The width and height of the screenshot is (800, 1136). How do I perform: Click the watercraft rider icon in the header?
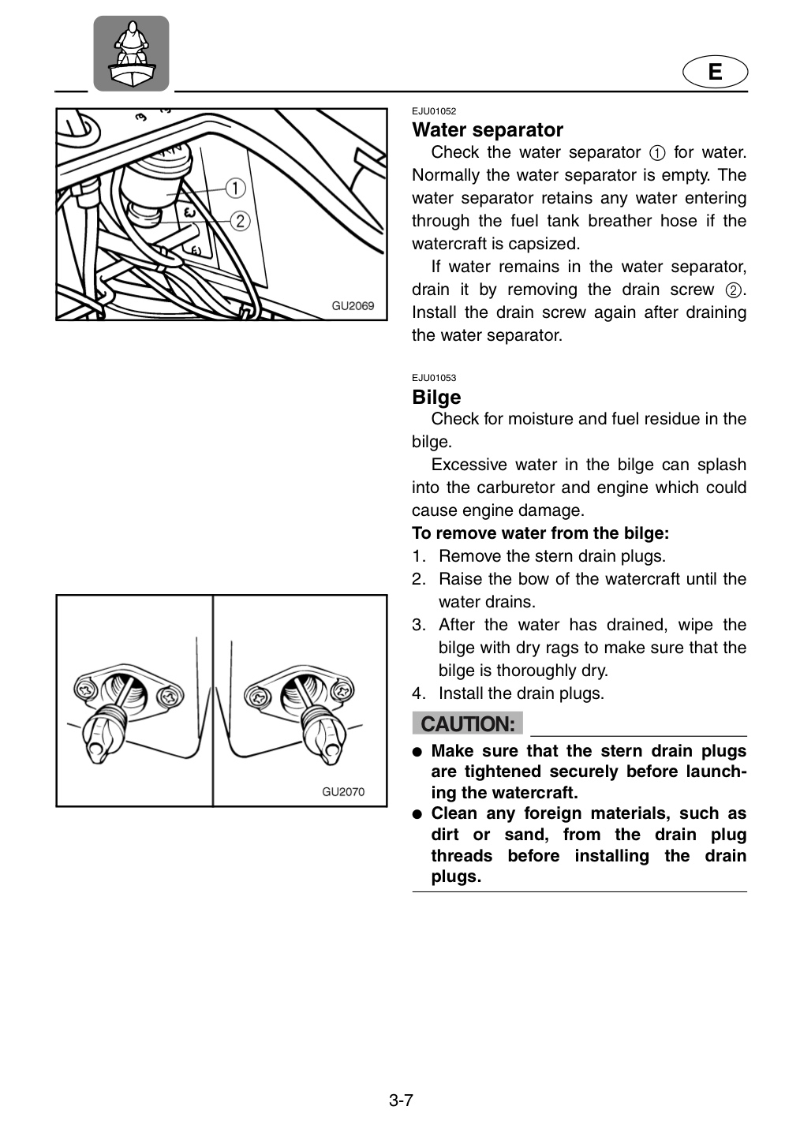click(x=131, y=54)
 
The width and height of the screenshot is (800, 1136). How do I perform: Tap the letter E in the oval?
click(x=715, y=72)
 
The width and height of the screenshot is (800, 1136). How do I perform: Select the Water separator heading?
click(x=488, y=130)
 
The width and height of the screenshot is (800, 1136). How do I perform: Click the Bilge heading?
click(x=436, y=397)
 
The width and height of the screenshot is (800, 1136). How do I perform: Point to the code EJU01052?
click(x=434, y=111)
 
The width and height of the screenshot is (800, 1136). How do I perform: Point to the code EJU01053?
click(x=434, y=378)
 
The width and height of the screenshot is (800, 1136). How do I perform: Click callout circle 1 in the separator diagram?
click(x=235, y=188)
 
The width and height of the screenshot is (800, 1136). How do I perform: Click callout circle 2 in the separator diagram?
click(x=241, y=221)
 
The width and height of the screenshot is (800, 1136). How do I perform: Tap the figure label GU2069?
click(x=353, y=306)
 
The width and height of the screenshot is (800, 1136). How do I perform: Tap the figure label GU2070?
click(x=343, y=792)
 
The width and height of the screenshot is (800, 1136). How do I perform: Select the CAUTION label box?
click(x=467, y=723)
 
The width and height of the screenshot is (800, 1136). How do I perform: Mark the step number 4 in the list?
click(x=417, y=693)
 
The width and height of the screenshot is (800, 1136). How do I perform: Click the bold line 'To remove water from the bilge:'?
click(x=540, y=533)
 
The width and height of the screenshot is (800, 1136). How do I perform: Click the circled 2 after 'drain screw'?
click(x=733, y=290)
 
